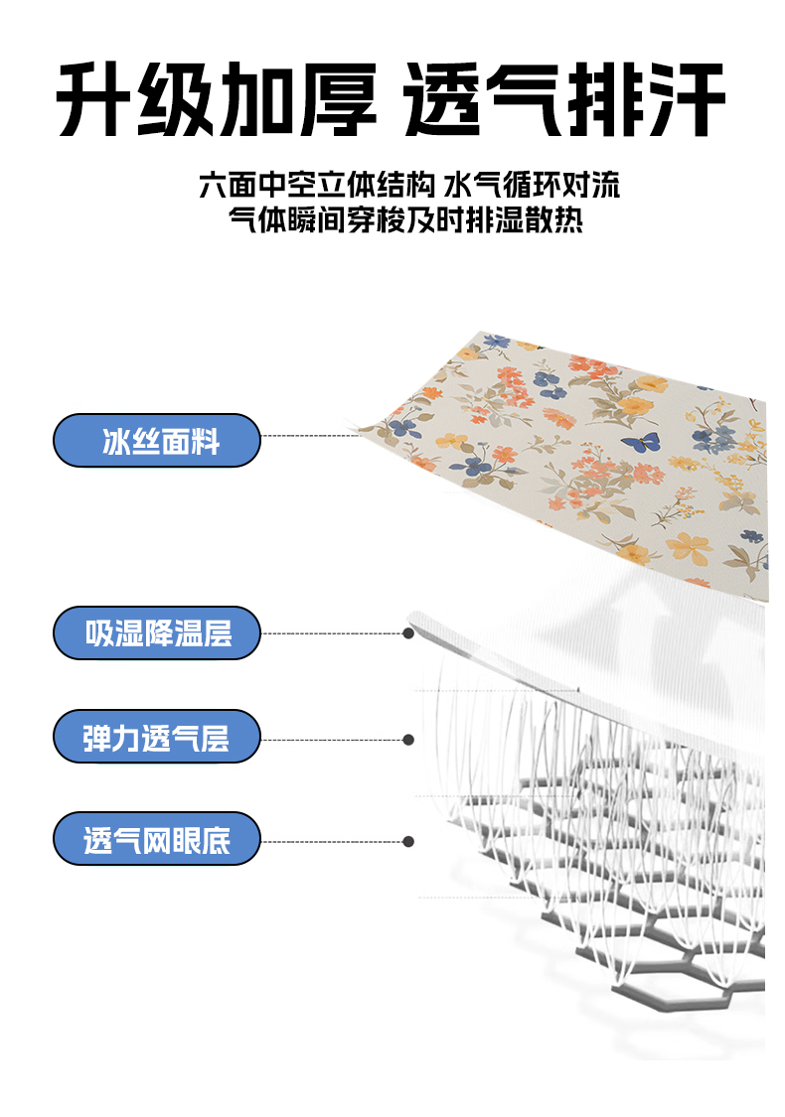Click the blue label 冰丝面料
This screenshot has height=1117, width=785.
(x=157, y=440)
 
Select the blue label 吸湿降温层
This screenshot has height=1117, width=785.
(x=157, y=632)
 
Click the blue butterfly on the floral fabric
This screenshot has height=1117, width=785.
(x=641, y=443)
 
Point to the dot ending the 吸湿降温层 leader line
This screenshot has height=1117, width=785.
(x=408, y=633)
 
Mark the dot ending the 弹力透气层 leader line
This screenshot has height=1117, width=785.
(x=408, y=740)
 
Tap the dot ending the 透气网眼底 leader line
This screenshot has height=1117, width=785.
(x=408, y=842)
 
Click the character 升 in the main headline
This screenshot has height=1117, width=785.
(x=93, y=99)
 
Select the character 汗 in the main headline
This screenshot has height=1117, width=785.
(x=687, y=99)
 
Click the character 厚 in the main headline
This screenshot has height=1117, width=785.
(x=337, y=99)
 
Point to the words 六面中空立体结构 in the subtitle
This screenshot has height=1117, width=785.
(x=317, y=186)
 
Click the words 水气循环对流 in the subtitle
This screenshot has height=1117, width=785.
(x=532, y=186)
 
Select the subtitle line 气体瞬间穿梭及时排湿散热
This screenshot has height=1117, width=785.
(x=405, y=219)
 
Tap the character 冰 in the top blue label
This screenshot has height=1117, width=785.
(x=116, y=442)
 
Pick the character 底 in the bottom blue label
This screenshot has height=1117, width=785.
(x=216, y=841)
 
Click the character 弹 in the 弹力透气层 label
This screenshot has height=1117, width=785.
(x=97, y=738)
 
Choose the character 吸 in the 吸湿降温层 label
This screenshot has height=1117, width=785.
(x=99, y=633)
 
